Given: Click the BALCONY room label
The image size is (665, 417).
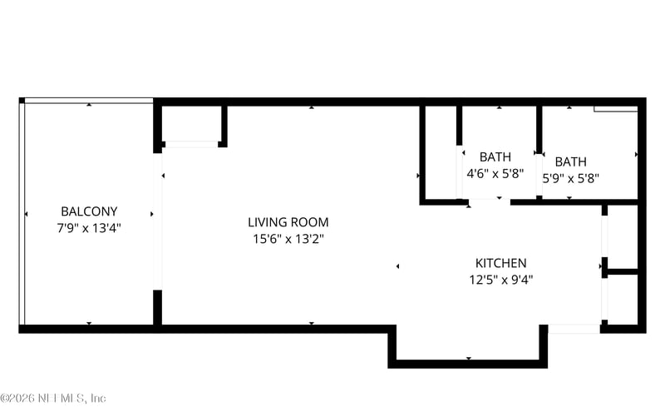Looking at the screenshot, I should pyautogui.click(x=89, y=211).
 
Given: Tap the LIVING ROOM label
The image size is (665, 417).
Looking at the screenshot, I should pyautogui.click(x=288, y=222).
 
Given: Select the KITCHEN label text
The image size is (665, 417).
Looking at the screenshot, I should pyautogui.click(x=500, y=263).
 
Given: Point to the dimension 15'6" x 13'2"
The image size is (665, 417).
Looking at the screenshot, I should pyautogui.click(x=288, y=238).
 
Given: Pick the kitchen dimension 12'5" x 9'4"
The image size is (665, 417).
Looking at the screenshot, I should pyautogui.click(x=500, y=280).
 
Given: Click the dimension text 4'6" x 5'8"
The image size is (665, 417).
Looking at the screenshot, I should pyautogui.click(x=495, y=174).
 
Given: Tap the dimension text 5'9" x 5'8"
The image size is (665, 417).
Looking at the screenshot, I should pyautogui.click(x=570, y=177).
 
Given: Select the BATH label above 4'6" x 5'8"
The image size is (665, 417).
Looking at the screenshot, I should pyautogui.click(x=495, y=156).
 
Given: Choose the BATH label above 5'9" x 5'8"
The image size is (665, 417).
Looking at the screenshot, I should pyautogui.click(x=571, y=161).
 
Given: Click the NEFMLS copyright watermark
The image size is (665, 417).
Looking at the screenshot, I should pyautogui.click(x=53, y=398).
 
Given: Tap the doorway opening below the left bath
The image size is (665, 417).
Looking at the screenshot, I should pyautogui.click(x=490, y=201).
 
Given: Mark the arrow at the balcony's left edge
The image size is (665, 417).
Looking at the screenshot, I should pyautogui.click(x=27, y=213).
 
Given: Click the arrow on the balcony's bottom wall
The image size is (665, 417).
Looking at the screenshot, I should pyautogui.click(x=90, y=323).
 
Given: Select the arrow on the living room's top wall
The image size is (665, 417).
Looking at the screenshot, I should pyautogui.click(x=312, y=107).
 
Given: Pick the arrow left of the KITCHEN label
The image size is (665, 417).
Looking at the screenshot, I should pyautogui.click(x=398, y=266).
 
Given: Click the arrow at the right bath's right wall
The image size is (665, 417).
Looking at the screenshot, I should pyautogui.click(x=636, y=155).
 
